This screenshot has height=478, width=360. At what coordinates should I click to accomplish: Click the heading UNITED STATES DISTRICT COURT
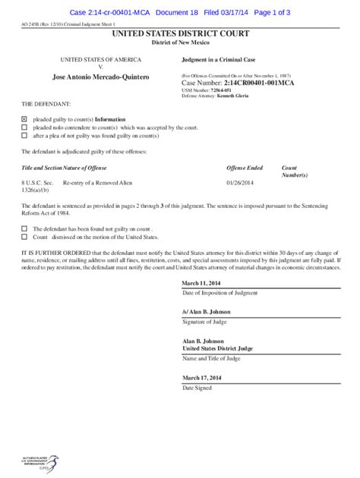(180, 35)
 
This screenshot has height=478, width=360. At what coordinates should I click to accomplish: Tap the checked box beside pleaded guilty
(24, 119)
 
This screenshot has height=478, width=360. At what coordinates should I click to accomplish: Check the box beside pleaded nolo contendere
(24, 127)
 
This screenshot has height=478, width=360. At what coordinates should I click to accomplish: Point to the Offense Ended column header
(245, 167)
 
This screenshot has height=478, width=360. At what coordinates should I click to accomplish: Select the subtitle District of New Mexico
(180, 43)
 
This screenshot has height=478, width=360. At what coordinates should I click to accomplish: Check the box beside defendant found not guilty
(24, 228)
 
